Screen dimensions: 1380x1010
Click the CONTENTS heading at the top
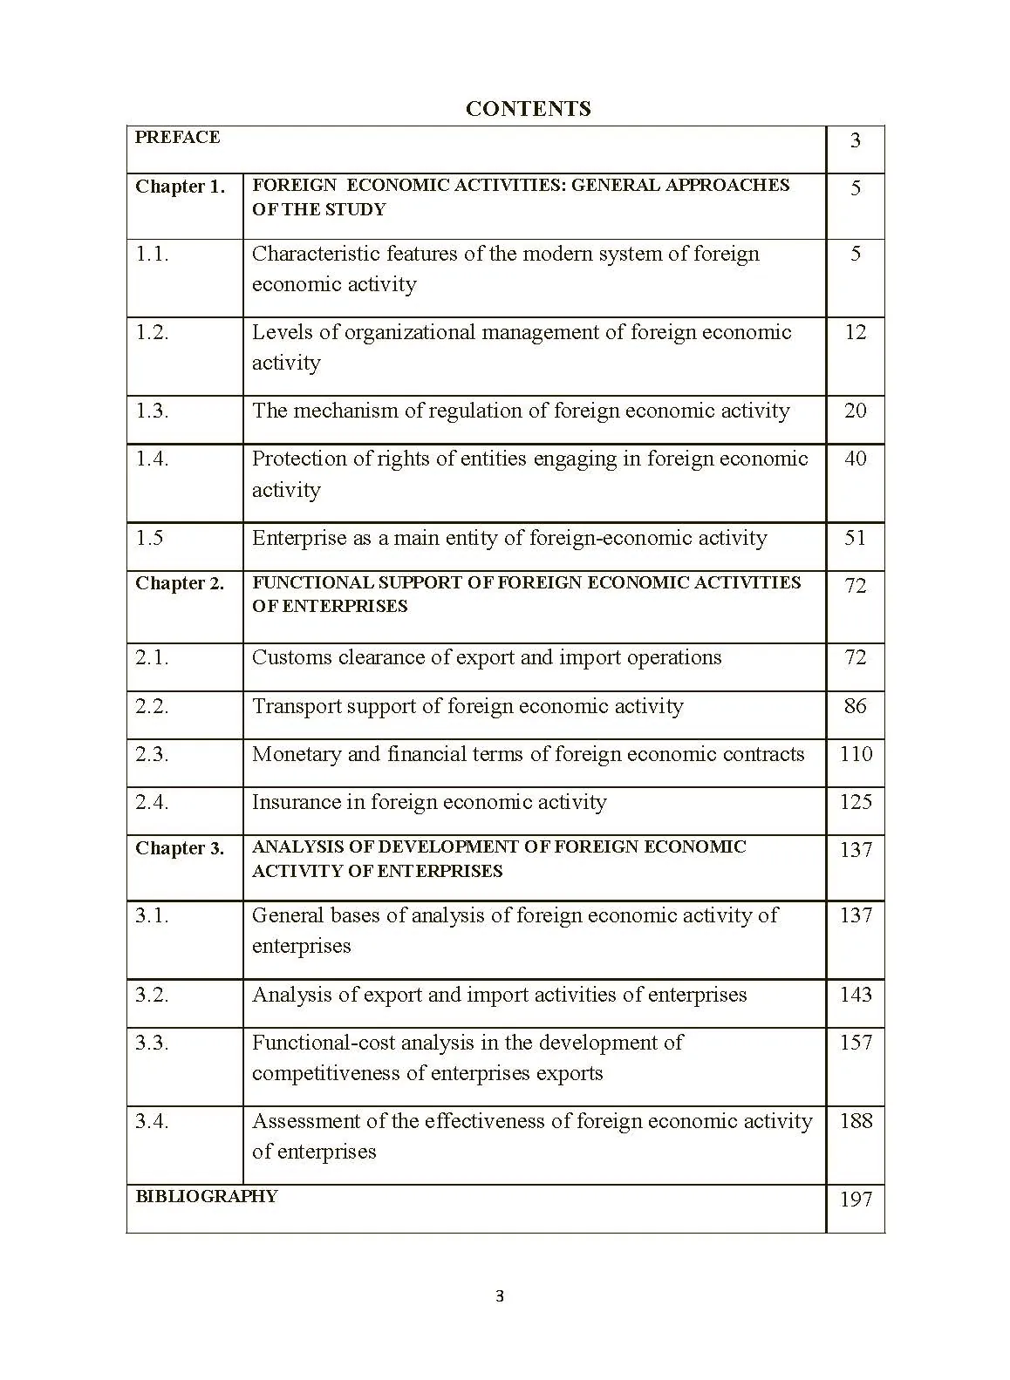coord(528,109)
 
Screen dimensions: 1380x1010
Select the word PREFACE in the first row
coord(177,138)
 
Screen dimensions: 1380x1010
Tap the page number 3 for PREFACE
coord(855,140)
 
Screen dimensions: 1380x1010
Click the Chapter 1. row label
coord(180,187)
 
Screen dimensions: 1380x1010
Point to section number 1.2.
coord(152,332)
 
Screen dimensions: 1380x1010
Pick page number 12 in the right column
coord(855,332)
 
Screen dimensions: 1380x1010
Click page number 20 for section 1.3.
coord(855,411)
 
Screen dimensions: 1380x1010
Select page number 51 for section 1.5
coord(855,538)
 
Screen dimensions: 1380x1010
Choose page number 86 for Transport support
coord(855,706)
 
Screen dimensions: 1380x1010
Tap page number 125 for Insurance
coord(855,802)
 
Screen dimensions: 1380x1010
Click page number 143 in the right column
coord(855,995)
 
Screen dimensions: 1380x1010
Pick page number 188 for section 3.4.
coord(855,1121)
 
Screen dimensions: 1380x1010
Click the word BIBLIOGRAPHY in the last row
coord(206,1196)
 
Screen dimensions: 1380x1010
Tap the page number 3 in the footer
coord(500,1296)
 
